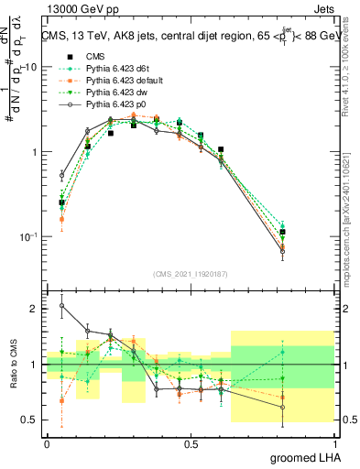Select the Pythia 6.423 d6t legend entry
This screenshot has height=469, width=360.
point(116,69)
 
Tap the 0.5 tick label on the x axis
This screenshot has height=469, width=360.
point(191,443)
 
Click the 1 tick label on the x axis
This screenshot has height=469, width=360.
point(334,443)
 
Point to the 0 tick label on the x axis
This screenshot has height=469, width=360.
point(48,443)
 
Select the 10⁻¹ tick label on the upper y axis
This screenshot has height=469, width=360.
point(28,236)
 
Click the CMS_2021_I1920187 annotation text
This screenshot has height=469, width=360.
point(190,272)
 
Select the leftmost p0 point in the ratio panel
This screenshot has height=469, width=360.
point(61,306)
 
